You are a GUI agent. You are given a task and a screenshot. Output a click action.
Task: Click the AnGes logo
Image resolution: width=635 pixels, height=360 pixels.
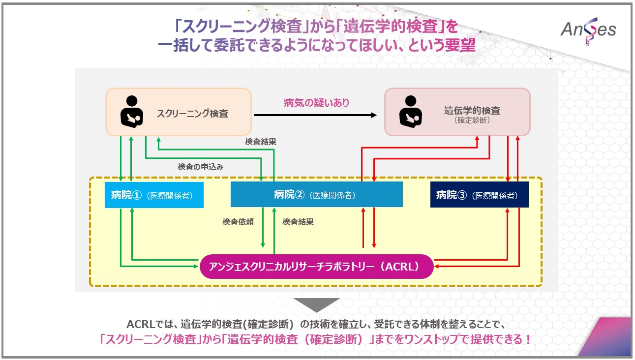click(x=588, y=30)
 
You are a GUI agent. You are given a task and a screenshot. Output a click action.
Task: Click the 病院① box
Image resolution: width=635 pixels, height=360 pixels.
click(x=154, y=195)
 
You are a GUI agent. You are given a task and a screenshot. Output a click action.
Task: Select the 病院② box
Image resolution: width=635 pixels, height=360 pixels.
click(x=316, y=194)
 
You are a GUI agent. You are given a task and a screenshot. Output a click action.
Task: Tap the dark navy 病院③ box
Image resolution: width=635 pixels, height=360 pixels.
click(x=479, y=195)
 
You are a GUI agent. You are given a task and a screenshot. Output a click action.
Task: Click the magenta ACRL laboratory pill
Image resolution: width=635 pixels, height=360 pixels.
click(x=317, y=267)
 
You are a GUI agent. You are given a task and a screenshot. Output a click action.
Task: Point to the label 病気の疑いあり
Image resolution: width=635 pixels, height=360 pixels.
click(x=316, y=103)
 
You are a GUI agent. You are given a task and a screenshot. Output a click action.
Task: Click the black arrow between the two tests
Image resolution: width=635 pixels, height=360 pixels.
click(x=315, y=115)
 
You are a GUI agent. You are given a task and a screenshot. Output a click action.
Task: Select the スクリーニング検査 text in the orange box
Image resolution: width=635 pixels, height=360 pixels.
click(x=192, y=113)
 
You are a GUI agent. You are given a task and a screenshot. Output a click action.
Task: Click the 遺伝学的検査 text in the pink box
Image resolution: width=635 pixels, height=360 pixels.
click(x=465, y=111)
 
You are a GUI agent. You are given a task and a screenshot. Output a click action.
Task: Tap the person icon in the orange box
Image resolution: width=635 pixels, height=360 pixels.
click(x=131, y=112)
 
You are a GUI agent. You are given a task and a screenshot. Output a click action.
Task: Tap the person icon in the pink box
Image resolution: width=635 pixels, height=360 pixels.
click(x=410, y=112)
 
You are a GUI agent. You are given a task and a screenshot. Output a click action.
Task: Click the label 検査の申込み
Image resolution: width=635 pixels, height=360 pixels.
click(x=200, y=167)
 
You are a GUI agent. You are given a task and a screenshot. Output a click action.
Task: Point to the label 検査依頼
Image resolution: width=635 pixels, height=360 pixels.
click(x=238, y=222)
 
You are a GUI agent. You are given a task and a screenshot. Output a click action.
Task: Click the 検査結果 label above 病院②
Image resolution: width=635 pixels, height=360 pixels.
click(x=260, y=142)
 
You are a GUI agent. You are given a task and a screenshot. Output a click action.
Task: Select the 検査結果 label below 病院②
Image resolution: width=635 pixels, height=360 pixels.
click(x=298, y=222)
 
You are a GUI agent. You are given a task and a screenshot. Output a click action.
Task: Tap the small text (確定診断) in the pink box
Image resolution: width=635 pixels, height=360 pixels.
click(x=465, y=120)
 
